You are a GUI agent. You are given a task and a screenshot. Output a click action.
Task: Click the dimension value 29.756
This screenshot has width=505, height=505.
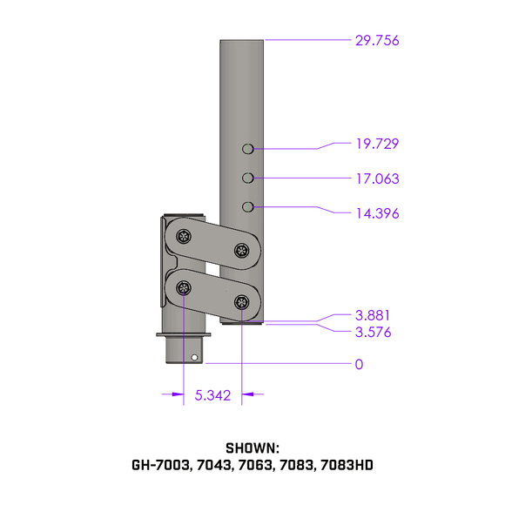coord(377,40)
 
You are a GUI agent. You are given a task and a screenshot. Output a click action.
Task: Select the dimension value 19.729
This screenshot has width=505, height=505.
coord(377,144)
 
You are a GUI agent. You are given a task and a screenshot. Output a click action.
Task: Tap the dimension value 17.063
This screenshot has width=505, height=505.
coord(377,178)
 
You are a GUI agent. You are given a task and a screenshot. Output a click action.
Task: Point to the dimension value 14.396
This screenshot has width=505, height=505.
coord(377,212)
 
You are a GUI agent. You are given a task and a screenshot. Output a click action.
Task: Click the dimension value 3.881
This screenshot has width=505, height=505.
coord(373,315)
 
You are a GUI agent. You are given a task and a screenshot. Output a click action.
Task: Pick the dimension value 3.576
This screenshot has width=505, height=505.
coord(373,332)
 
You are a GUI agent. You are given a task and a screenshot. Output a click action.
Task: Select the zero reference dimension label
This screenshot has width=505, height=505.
coord(359,364)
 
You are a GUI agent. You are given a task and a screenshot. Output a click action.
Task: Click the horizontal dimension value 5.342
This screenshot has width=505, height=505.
coord(212,395)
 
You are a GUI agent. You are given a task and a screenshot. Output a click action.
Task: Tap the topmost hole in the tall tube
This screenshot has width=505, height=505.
coord(248,149)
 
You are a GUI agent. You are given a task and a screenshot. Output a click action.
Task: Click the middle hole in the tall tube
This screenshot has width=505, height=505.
coord(248,178)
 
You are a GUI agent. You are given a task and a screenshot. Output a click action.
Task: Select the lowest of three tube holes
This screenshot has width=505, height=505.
coord(248,206)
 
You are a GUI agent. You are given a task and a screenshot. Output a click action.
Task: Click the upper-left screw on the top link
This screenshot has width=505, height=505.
coord(184,235)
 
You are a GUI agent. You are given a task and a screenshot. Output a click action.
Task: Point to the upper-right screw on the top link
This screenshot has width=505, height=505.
coord(241,250)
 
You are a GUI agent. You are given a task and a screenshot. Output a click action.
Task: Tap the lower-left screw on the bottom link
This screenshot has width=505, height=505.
coord(184,287)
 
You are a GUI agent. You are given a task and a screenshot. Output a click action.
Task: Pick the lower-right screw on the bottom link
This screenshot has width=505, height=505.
coord(241,302)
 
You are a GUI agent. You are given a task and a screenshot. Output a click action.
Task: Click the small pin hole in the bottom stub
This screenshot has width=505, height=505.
coord(194,356)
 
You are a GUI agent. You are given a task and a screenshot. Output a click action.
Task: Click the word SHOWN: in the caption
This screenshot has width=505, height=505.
coord(252,448)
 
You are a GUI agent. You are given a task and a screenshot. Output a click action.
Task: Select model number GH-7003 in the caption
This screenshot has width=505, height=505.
coord(161,465)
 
